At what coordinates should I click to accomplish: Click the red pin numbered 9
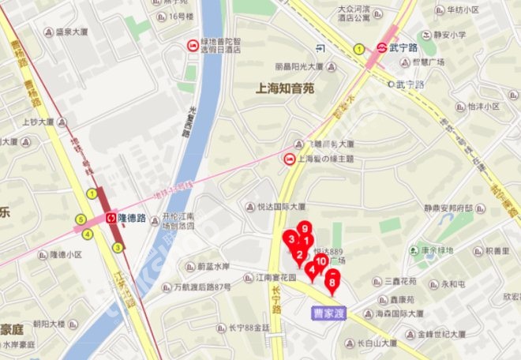click(x=305, y=230)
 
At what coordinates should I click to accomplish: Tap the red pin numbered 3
click(x=292, y=238)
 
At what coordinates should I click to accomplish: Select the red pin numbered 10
click(x=321, y=261)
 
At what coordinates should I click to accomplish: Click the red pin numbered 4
click(x=313, y=270)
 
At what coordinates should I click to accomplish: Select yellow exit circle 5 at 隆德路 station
click(x=80, y=219)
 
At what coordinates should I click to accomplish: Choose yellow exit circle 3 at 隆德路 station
click(x=118, y=247)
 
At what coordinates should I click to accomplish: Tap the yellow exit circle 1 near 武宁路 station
click(x=358, y=49)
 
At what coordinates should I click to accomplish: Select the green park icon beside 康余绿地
click(x=414, y=250)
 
